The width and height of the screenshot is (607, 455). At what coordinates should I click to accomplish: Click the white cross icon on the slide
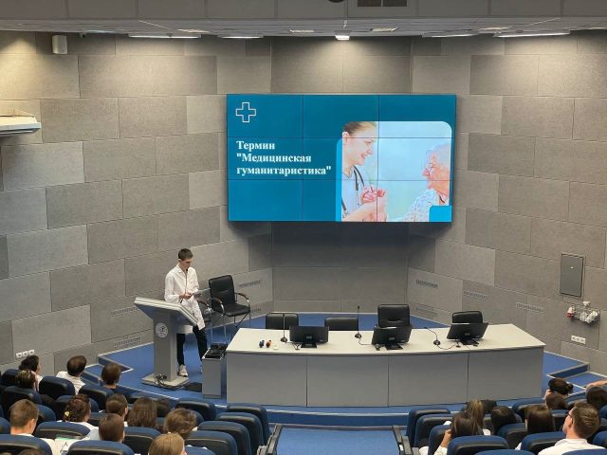(246, 112)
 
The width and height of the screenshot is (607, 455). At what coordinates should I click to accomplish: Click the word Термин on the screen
(255, 145)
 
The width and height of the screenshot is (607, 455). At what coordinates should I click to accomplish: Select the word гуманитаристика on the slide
(284, 171)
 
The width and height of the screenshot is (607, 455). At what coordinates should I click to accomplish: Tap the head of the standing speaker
(185, 259)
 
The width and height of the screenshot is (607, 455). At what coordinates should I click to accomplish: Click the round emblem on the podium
(160, 330)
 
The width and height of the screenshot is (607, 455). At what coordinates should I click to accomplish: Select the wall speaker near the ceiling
(60, 45)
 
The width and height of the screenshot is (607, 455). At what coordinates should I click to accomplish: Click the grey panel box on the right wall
(571, 275)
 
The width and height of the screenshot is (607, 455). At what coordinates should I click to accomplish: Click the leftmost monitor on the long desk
(309, 336)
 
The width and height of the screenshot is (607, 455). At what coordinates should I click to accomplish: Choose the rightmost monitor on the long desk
(467, 333)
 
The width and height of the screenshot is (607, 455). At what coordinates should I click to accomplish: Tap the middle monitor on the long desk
(392, 337)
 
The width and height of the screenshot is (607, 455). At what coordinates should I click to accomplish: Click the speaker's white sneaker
(182, 371)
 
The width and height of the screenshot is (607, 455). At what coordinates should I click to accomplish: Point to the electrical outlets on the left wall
(26, 354)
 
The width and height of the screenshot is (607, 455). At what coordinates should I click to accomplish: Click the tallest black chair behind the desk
(394, 316)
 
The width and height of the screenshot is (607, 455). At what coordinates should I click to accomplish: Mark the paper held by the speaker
(197, 294)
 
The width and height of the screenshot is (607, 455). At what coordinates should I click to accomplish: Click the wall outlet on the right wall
(578, 339)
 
